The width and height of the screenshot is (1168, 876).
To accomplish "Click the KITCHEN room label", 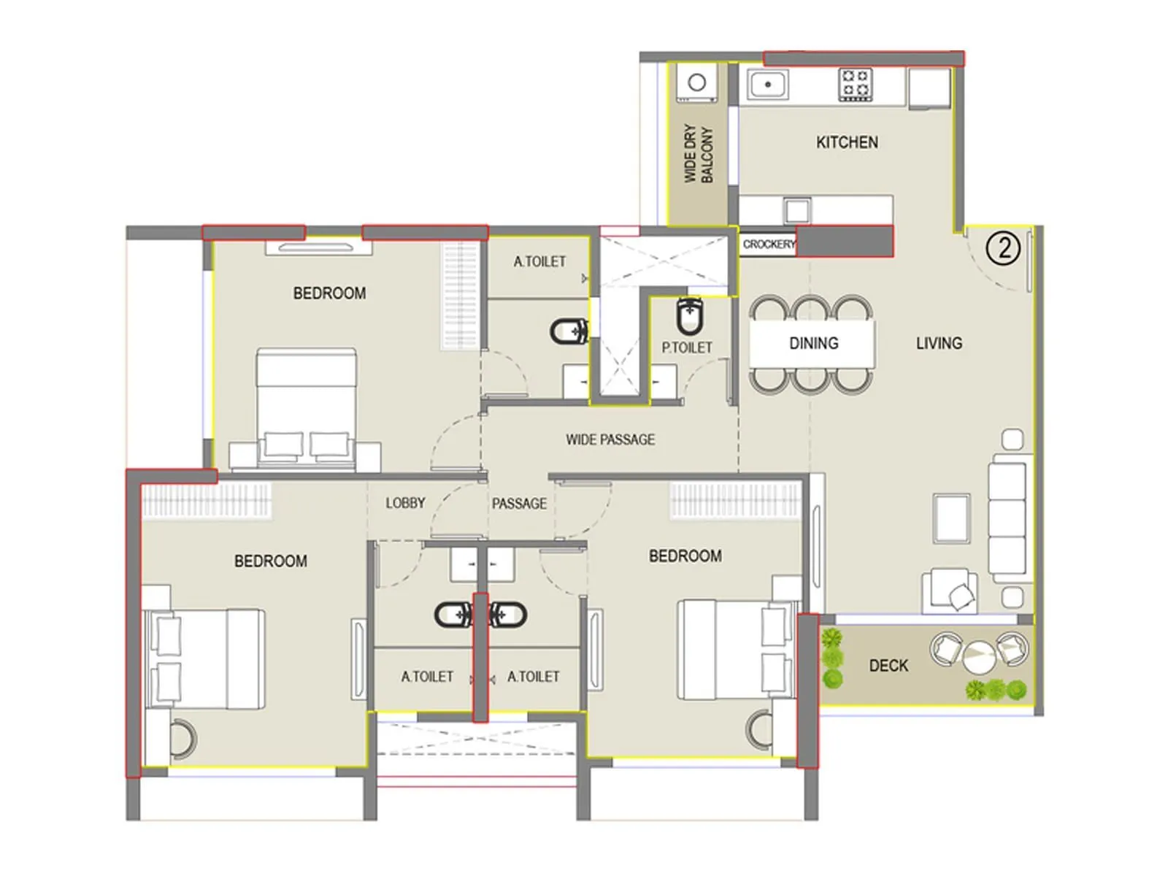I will coord(847,142).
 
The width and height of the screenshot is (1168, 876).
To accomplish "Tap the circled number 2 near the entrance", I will coord(1003,249).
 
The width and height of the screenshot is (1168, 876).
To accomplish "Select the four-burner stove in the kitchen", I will coord(855,84).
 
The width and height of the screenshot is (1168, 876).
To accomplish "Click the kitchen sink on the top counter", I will coord(767,85).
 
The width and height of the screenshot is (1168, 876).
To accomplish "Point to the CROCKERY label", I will coord(768,245).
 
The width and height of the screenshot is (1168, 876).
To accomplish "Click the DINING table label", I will coord(813,343).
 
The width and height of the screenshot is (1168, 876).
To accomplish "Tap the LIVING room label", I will coord(939,343).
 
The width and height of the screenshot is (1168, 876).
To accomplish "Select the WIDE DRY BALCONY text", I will coord(698,154).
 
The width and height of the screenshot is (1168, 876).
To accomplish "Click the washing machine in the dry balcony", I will coord(697,82).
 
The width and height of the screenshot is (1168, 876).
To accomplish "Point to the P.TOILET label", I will coord(686,348).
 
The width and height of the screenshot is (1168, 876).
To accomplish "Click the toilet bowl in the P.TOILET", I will coord(690,316).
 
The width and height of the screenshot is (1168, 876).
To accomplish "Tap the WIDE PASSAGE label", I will coord(610,439).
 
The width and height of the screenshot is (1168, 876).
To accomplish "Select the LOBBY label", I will coord(405,503).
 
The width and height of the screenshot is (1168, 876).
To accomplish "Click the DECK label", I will coord(888,666).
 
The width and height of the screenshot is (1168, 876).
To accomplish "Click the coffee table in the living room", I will coord(952,518).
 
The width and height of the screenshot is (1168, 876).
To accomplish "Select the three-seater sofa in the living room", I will coord(1007,518).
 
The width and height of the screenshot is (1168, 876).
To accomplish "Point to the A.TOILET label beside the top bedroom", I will coord(539,261).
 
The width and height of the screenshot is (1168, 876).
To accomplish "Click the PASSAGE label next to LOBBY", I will coord(519,504).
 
